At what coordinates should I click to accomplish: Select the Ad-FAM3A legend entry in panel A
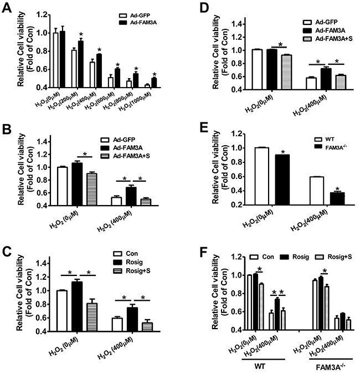click(x=138, y=23)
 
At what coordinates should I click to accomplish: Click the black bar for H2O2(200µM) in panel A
click(x=80, y=64)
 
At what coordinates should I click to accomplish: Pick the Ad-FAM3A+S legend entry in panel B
click(x=125, y=156)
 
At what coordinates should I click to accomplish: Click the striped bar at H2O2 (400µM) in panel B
click(x=146, y=202)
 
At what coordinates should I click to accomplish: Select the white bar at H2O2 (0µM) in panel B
click(x=62, y=186)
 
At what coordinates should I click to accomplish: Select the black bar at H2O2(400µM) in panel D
click(x=326, y=79)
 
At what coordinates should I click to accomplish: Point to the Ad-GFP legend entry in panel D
click(x=320, y=22)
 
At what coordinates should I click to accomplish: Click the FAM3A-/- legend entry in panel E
click(x=331, y=147)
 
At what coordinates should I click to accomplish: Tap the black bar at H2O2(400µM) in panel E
click(x=337, y=199)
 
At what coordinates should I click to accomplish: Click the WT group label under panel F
click(x=260, y=366)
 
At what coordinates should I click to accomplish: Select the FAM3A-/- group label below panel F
click(x=331, y=366)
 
